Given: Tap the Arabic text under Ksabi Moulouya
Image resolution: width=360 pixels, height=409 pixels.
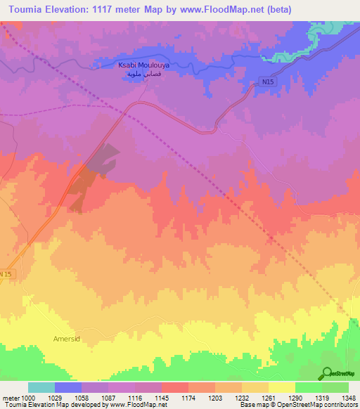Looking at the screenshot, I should tap(143, 73).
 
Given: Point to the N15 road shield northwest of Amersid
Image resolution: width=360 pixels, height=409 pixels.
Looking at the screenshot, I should tap(6, 273).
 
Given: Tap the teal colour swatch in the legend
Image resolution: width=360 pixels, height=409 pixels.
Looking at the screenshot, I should tap(41, 387).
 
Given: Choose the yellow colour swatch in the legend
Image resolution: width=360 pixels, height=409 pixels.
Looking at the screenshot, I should tap(282, 387).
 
